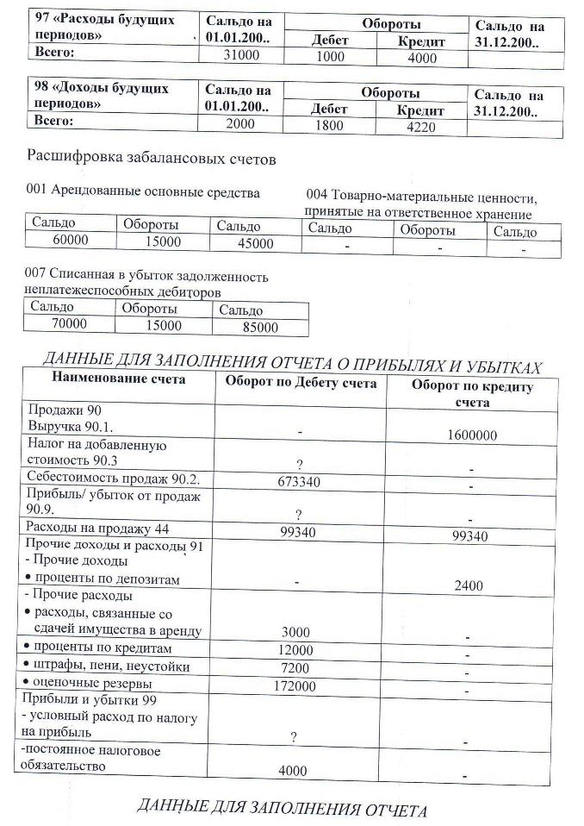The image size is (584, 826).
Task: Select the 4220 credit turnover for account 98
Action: tap(420, 127)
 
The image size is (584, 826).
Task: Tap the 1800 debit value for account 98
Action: tap(327, 126)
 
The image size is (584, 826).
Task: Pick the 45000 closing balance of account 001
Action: tap(255, 244)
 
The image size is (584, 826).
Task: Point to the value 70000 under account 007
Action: tap(70, 324)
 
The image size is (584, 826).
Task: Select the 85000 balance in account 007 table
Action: tap(260, 328)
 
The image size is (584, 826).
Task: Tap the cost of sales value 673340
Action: tap(299, 482)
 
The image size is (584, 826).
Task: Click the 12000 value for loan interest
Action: tap(296, 649)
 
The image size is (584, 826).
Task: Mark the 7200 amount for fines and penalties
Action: tap(296, 667)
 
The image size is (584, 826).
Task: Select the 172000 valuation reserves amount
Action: tap(296, 686)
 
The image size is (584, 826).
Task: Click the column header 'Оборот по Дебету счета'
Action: tap(301, 384)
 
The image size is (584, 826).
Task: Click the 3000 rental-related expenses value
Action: tap(296, 631)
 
